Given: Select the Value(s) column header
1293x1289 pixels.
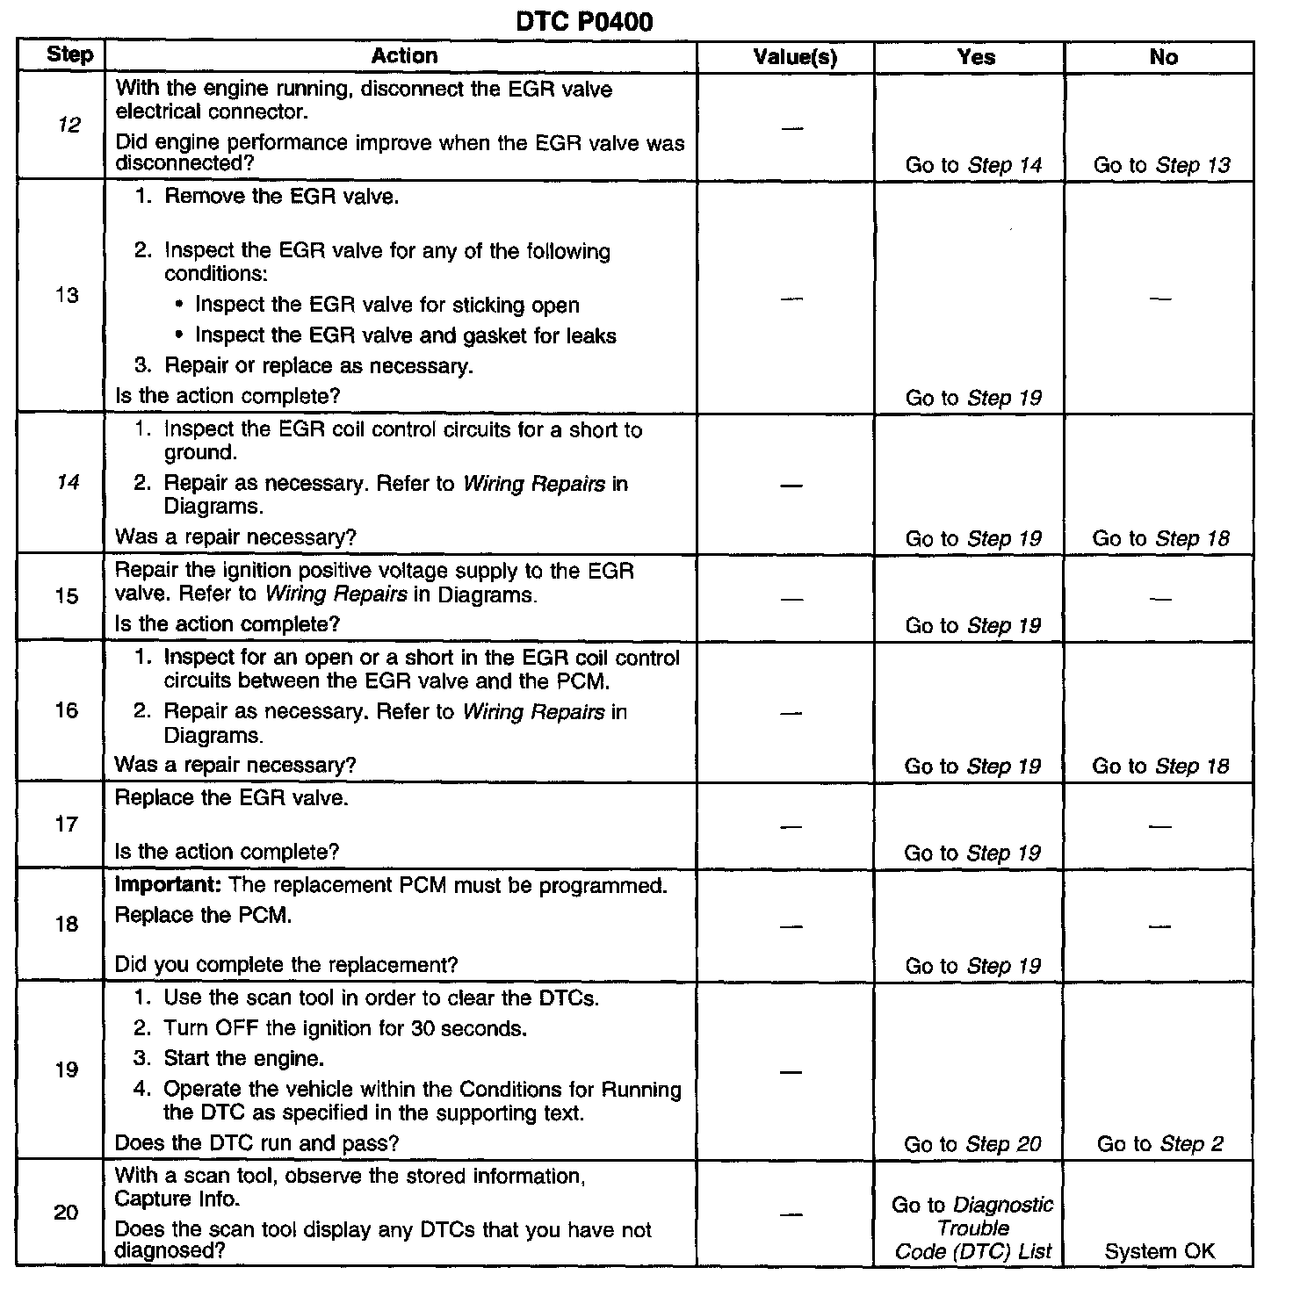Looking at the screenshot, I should tap(795, 58).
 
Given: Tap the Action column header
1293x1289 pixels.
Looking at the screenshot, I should tap(404, 56).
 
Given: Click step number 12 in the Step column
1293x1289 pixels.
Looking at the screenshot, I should tap(69, 125).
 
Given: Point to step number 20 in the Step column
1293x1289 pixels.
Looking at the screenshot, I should tap(67, 1213).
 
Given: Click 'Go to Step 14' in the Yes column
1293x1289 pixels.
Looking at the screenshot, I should tap(973, 165).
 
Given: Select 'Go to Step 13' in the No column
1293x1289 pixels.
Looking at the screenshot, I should tap(1161, 165).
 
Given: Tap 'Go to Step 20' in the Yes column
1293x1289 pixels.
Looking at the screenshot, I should tap(972, 1144).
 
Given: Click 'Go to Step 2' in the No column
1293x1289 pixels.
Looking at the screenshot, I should tap(1159, 1143).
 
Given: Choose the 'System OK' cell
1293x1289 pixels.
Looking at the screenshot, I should tap(1159, 1251).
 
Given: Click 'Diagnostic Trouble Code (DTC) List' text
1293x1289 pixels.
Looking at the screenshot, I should tap(972, 1228).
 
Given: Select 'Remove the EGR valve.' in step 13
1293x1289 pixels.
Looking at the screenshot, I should tap(281, 196).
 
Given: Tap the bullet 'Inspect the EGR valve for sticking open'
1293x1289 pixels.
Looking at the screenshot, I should tap(386, 306).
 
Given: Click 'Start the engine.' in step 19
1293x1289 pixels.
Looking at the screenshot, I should tap(243, 1058).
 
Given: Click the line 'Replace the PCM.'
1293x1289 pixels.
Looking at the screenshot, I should tap(204, 915).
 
